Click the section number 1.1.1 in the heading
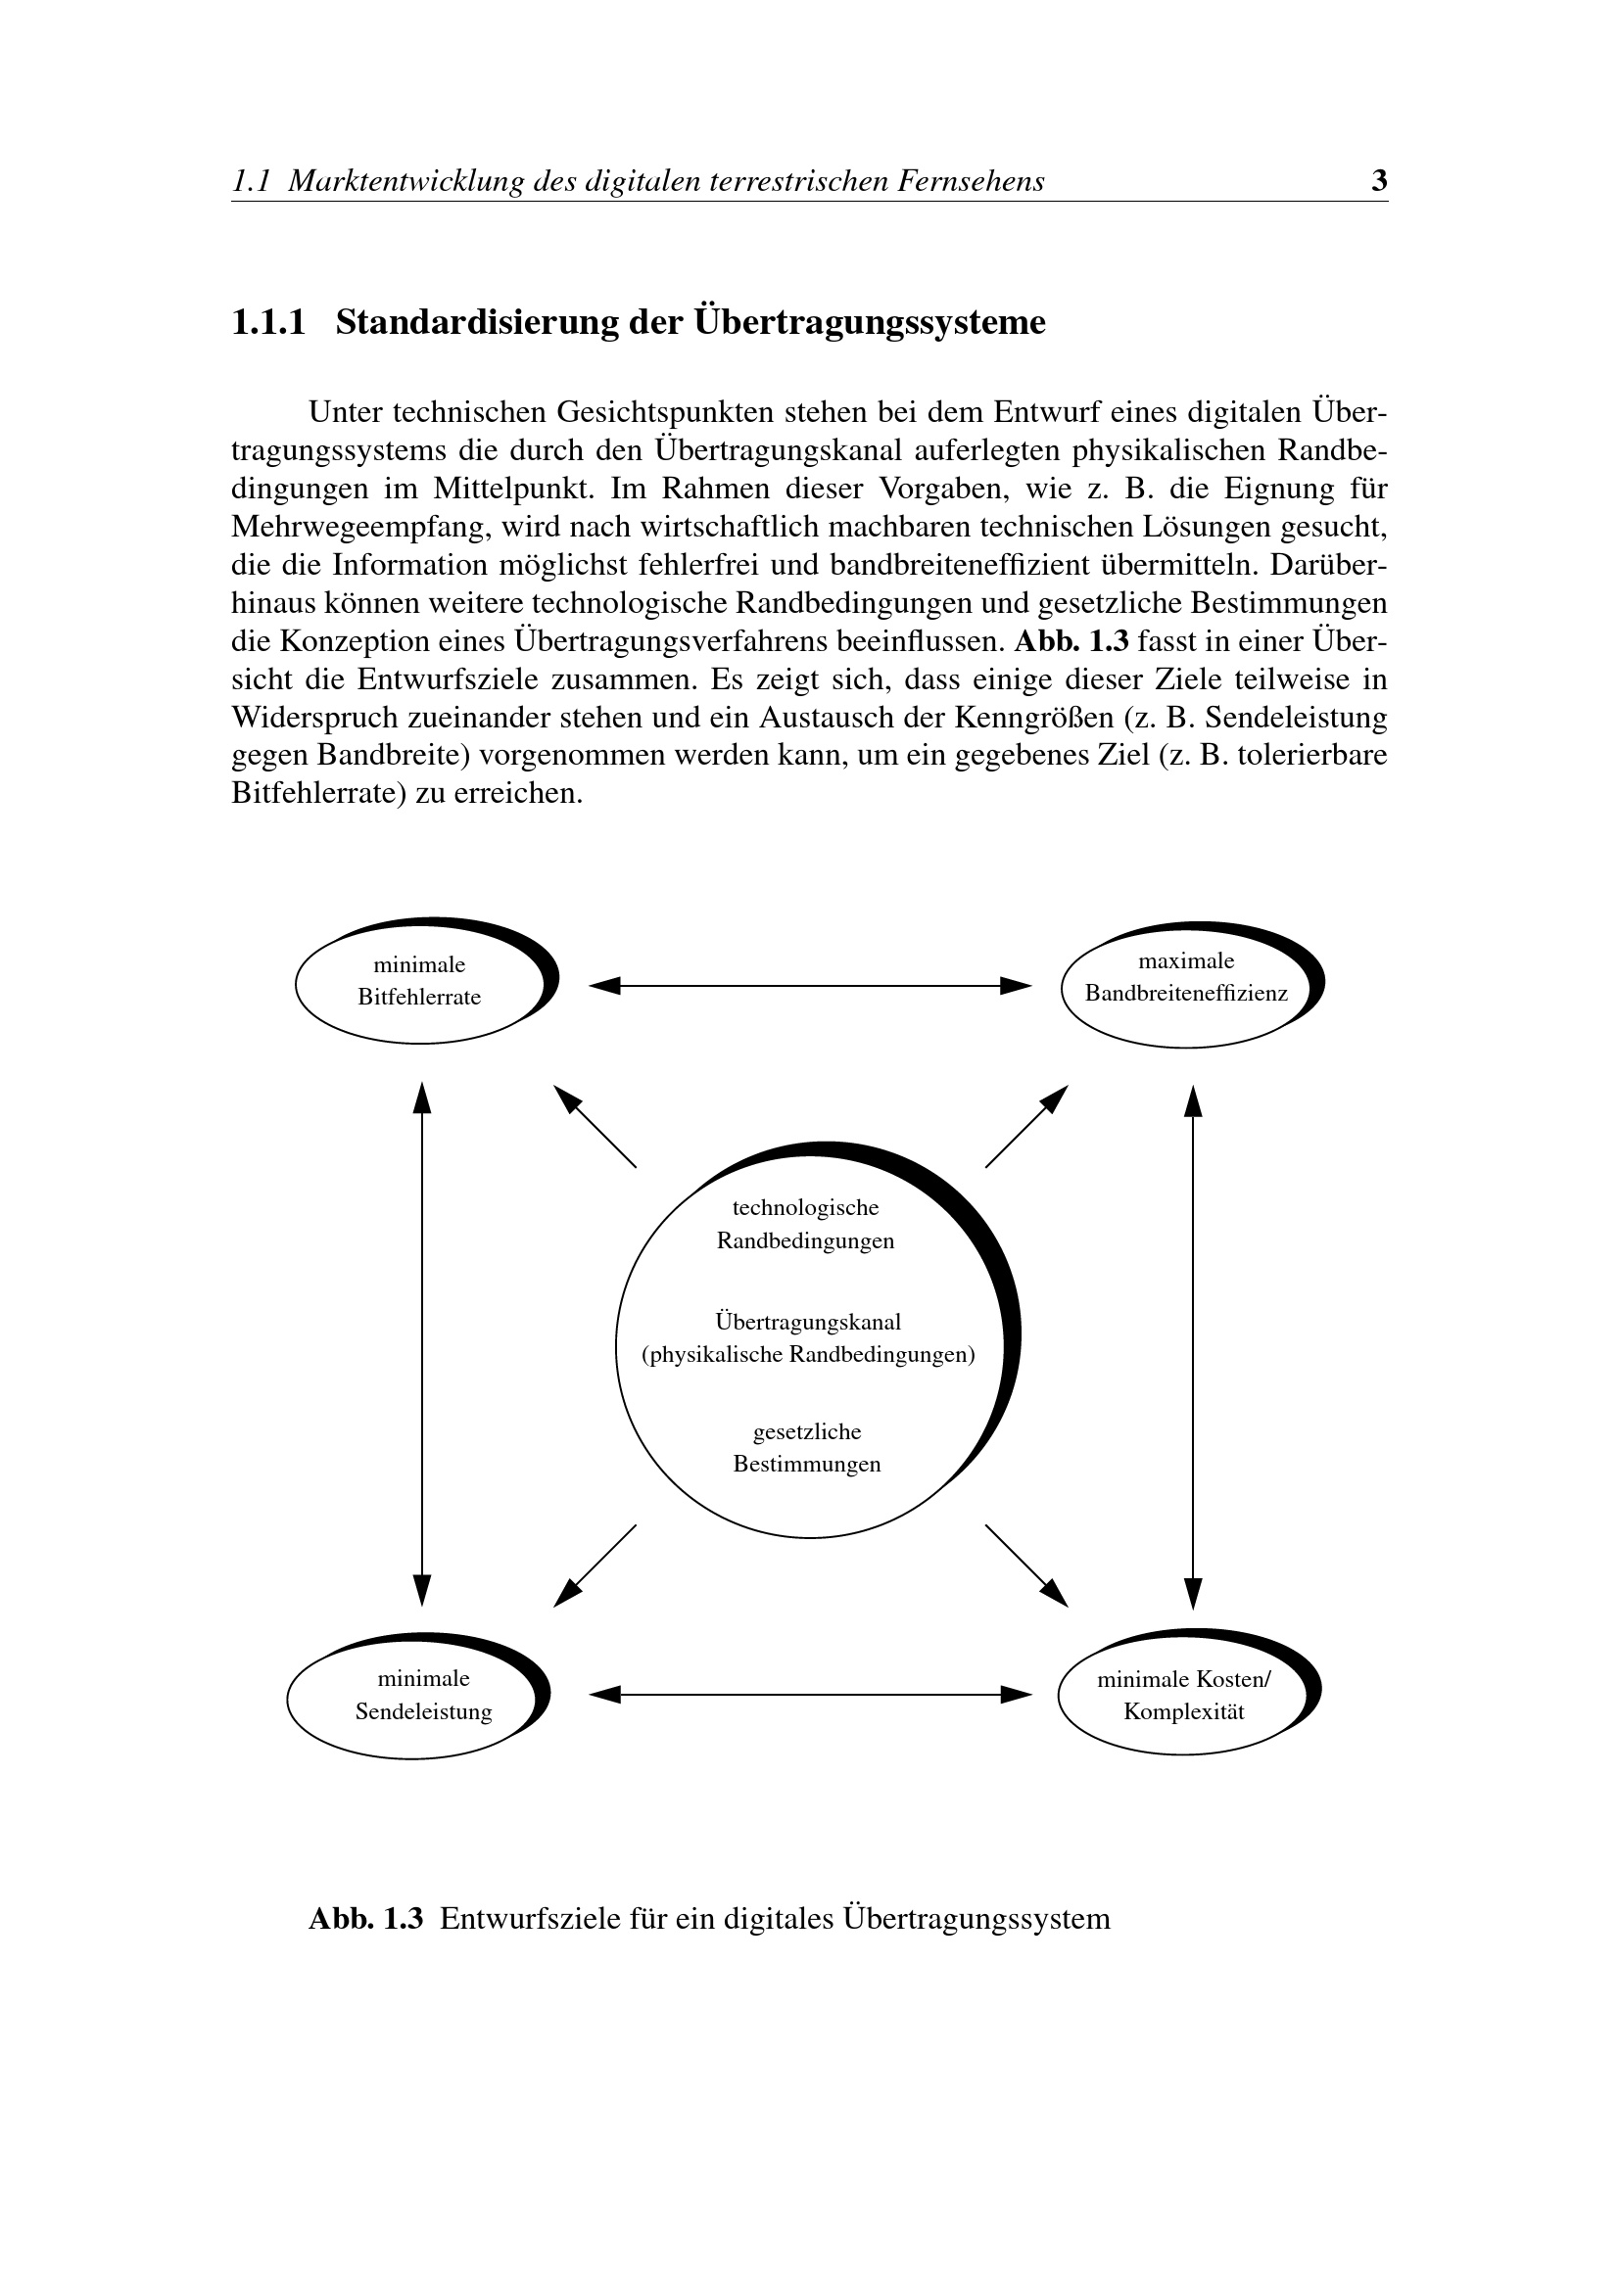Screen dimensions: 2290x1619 pyautogui.click(x=268, y=323)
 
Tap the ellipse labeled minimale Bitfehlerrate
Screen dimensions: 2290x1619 pyautogui.click(x=420, y=981)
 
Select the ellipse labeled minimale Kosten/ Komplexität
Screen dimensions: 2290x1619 pyautogui.click(x=1184, y=1696)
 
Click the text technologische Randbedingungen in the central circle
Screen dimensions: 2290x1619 pyautogui.click(x=806, y=1225)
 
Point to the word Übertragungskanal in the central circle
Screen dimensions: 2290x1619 pyautogui.click(x=808, y=1323)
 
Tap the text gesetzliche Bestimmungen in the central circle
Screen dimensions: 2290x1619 pyautogui.click(x=807, y=1448)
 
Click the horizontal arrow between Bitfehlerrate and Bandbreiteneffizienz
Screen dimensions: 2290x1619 pyautogui.click(x=810, y=986)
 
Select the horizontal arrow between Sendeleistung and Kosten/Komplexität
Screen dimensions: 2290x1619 pyautogui.click(x=810, y=1695)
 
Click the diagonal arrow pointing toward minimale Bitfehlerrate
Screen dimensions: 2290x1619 pyautogui.click(x=595, y=1127)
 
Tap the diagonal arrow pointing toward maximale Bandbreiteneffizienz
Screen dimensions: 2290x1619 pyautogui.click(x=1026, y=1127)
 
